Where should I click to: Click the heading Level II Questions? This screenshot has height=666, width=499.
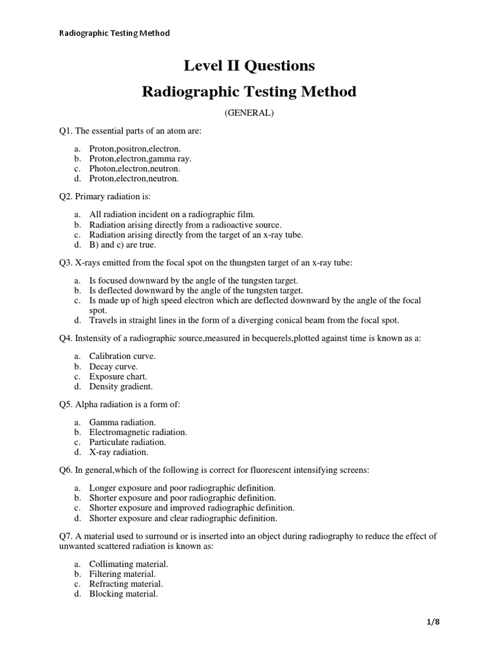coord(249,65)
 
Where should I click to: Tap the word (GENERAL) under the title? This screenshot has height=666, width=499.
coord(249,113)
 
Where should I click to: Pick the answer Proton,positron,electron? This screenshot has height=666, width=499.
coord(134,149)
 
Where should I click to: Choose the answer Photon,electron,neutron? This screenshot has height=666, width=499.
coord(134,168)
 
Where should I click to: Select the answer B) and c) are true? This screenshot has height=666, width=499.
coord(123,245)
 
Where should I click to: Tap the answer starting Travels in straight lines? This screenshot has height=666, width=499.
coord(244,320)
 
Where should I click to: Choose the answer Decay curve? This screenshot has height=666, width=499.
coord(114,366)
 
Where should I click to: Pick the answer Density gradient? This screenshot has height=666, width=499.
coord(121,386)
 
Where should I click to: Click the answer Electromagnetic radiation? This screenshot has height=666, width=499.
coord(138,432)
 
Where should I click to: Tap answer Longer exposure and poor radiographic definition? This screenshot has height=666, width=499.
coord(183,488)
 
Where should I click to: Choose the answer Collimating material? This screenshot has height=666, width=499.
coord(129,565)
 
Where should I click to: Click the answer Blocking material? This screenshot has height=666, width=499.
coord(123,594)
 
